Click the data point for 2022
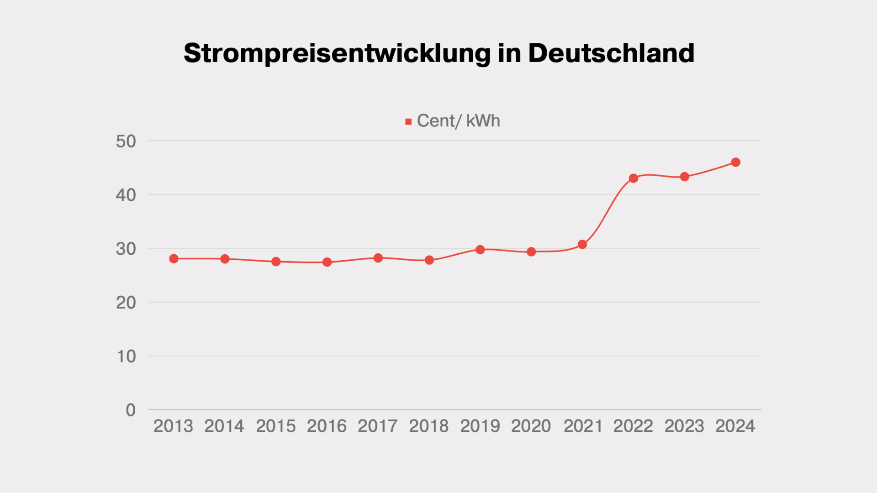point(633,178)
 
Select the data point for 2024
point(735,162)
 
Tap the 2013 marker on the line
point(174,259)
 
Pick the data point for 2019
point(480,250)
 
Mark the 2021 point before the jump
point(582,245)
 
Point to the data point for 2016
point(327,262)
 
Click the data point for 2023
point(684,177)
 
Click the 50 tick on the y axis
point(126,142)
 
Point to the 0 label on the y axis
point(131,410)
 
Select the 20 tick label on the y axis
point(126,303)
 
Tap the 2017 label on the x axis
point(378,426)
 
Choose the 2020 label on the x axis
point(531,426)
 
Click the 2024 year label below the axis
point(735,426)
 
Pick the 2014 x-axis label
point(224,426)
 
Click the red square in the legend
point(408,121)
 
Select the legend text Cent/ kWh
point(458,121)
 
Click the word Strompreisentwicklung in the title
point(337,53)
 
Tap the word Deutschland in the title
point(611,53)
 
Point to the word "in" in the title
point(509,53)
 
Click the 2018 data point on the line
point(429,260)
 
